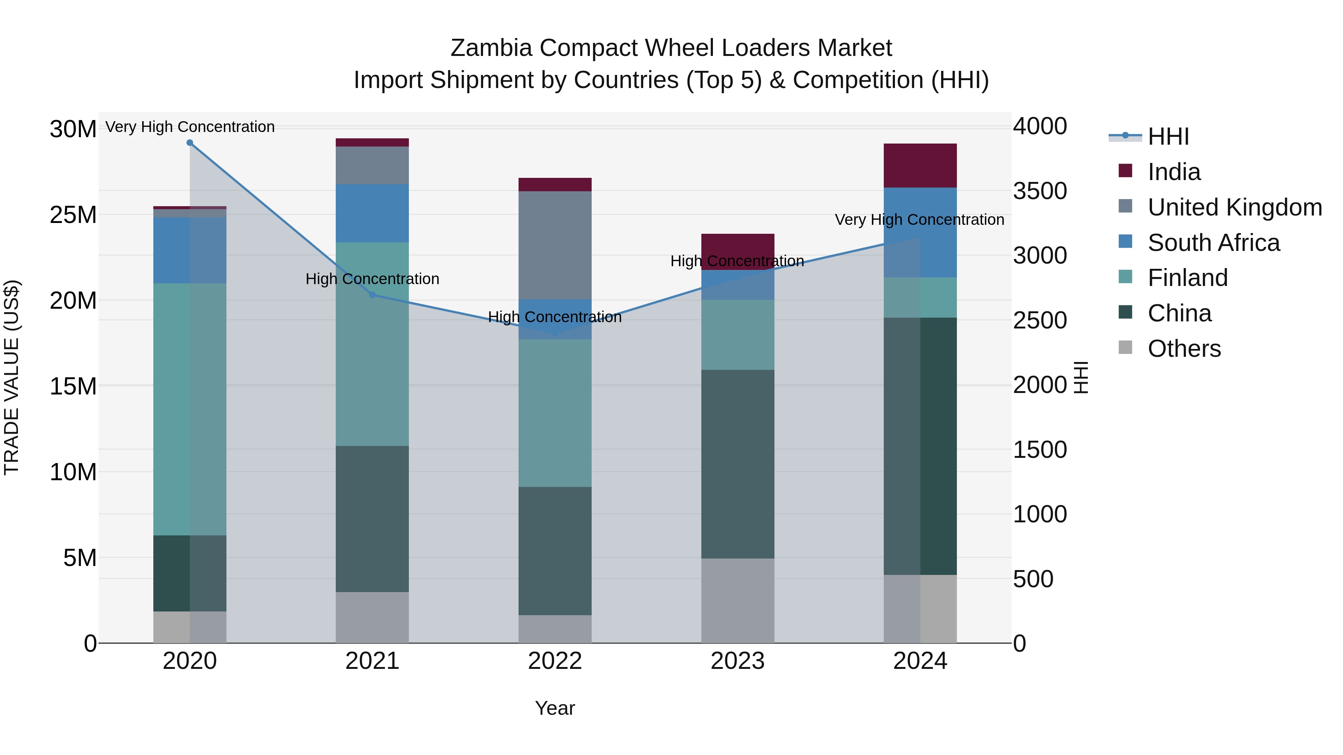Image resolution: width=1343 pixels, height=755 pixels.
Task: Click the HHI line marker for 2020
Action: click(x=190, y=143)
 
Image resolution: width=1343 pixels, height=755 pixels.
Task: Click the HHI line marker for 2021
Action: click(x=372, y=295)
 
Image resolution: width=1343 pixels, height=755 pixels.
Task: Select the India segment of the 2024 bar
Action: click(x=920, y=165)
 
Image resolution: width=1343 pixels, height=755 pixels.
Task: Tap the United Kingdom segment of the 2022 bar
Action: click(x=555, y=245)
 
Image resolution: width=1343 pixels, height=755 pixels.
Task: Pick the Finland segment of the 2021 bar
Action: click(x=372, y=344)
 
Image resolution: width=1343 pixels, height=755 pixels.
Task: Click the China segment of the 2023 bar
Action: click(x=738, y=464)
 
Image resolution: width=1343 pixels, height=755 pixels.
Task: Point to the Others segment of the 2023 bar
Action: click(x=738, y=600)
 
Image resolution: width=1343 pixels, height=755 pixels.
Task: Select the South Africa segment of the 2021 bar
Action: click(x=372, y=213)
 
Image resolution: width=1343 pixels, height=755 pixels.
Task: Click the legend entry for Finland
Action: click(x=1188, y=278)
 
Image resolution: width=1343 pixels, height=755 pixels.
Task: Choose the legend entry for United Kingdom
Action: click(x=1234, y=207)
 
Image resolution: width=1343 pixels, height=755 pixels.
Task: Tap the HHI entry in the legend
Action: click(x=1168, y=136)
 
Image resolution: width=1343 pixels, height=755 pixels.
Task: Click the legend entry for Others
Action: click(x=1184, y=349)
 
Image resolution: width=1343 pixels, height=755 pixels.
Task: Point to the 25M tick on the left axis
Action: click(x=73, y=215)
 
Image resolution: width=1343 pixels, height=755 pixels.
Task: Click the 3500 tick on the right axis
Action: click(x=1040, y=191)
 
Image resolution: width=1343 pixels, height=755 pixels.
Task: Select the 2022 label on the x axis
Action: click(x=555, y=661)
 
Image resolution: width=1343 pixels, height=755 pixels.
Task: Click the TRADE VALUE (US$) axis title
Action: click(x=12, y=377)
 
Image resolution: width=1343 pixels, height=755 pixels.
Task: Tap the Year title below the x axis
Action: click(x=555, y=708)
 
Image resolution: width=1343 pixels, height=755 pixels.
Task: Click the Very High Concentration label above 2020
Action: click(x=190, y=127)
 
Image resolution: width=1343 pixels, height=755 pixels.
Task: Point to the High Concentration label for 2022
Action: click(x=555, y=317)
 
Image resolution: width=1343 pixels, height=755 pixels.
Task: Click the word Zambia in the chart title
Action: click(x=491, y=48)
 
